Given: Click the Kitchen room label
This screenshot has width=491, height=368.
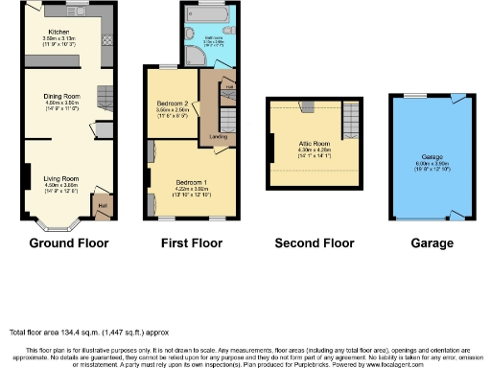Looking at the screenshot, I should click(58, 32).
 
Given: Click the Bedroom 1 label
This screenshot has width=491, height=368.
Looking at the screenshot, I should click(192, 180).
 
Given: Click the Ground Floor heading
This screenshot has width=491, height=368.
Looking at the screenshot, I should click(69, 243).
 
